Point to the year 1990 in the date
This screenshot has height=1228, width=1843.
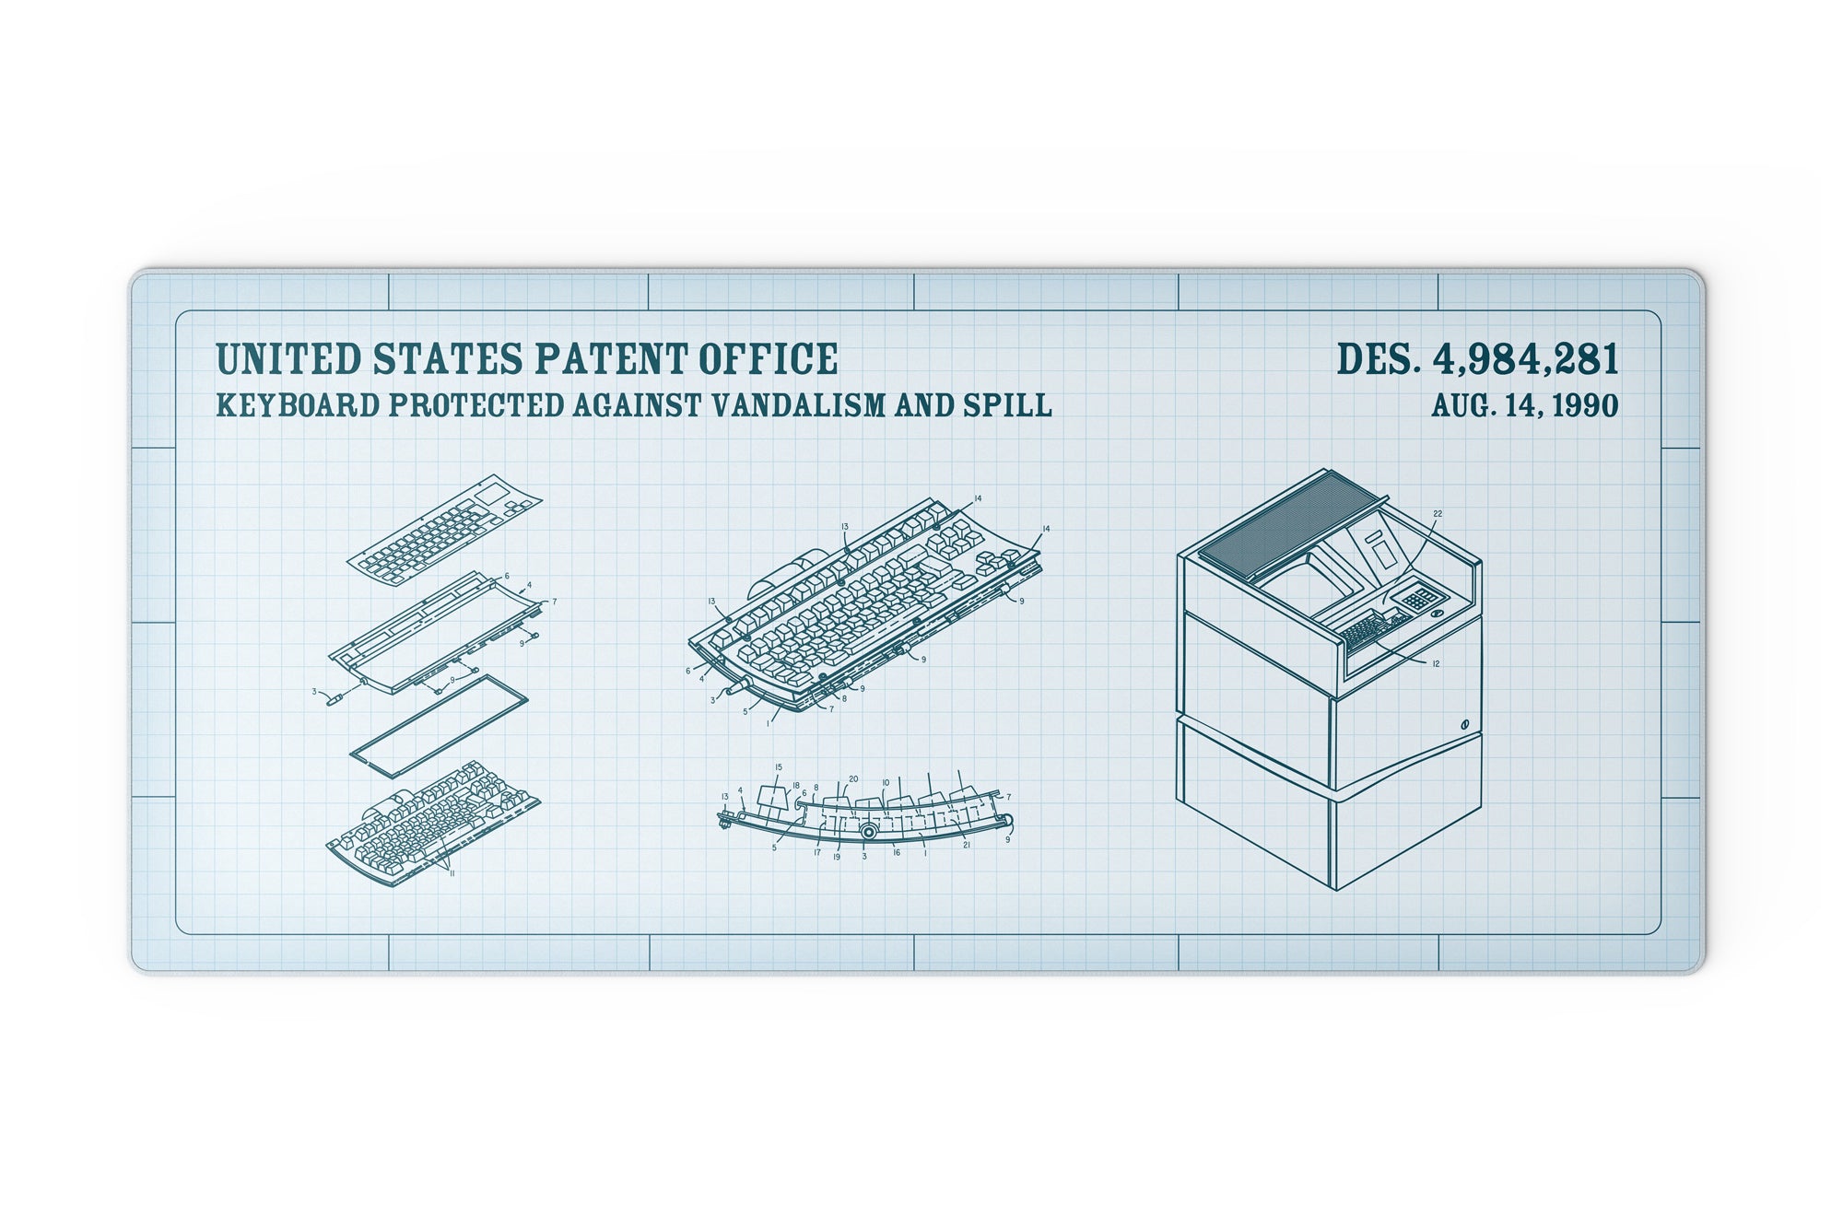(x=1585, y=405)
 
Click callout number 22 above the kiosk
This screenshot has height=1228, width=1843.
(x=1438, y=514)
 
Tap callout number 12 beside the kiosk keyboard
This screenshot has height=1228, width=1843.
(x=1436, y=663)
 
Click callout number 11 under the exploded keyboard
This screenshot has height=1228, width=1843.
(x=452, y=872)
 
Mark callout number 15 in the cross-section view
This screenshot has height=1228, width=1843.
(x=779, y=766)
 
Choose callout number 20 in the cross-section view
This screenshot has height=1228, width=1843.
(x=853, y=778)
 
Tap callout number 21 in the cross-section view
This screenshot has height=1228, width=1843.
(x=966, y=845)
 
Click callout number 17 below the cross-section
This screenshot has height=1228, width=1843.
(x=816, y=852)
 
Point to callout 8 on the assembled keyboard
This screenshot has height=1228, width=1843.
(x=844, y=699)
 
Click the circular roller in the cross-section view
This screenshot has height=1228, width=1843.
(x=868, y=831)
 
